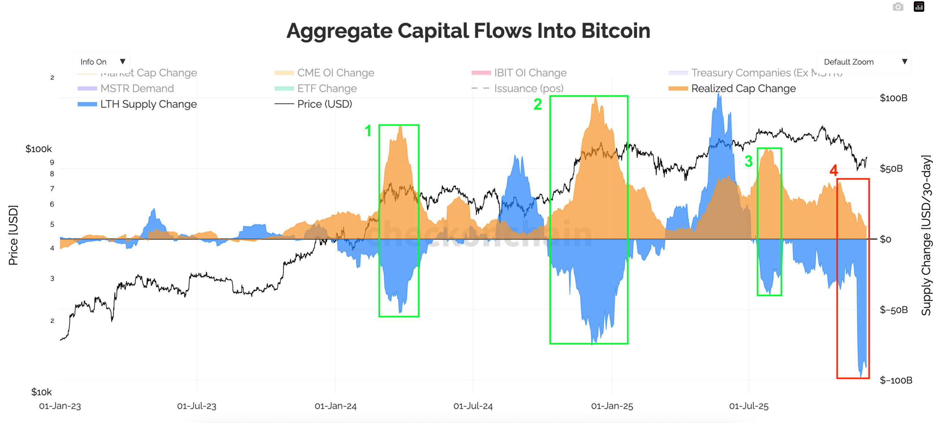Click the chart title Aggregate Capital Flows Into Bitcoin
pyautogui.click(x=468, y=31)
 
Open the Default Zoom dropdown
pyautogui.click(x=864, y=62)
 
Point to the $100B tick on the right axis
pyautogui.click(x=893, y=98)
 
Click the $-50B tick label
pyautogui.click(x=893, y=310)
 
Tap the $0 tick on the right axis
pyautogui.click(x=885, y=239)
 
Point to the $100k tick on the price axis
pyautogui.click(x=38, y=149)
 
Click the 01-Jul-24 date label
pyautogui.click(x=473, y=406)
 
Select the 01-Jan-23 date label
pyautogui.click(x=60, y=406)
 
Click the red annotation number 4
pyautogui.click(x=833, y=171)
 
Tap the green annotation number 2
pyautogui.click(x=537, y=105)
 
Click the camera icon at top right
pyautogui.click(x=898, y=7)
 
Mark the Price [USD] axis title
pyautogui.click(x=13, y=235)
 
